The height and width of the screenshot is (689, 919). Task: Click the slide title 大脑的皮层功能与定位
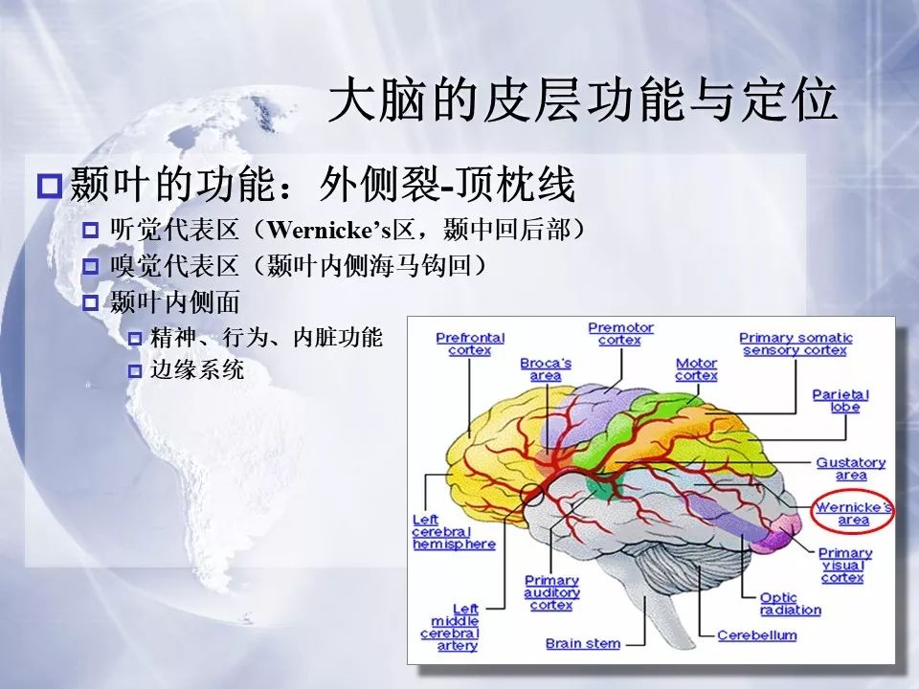(582, 100)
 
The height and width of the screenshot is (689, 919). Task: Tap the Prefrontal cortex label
(470, 344)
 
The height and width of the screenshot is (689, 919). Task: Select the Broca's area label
(546, 369)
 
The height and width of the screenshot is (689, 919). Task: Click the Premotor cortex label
(620, 334)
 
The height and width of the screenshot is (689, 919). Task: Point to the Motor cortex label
(696, 369)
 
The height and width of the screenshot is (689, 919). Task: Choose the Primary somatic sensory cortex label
(796, 344)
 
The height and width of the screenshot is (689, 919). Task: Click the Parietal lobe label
(841, 401)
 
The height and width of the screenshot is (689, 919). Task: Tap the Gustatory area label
(851, 469)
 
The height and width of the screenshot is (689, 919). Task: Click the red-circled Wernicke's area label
(853, 513)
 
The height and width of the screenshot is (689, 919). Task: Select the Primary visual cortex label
(844, 566)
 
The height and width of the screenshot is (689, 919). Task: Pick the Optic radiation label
(790, 604)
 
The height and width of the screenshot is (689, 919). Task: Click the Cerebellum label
(756, 635)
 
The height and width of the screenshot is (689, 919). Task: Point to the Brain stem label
(583, 643)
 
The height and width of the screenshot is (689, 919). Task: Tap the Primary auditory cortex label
(551, 593)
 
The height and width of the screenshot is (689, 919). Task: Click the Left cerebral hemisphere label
(454, 532)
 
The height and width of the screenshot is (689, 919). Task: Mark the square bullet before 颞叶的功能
(49, 186)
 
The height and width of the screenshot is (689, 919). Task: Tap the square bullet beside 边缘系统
(135, 371)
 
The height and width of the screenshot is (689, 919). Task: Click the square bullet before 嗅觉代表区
(90, 267)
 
